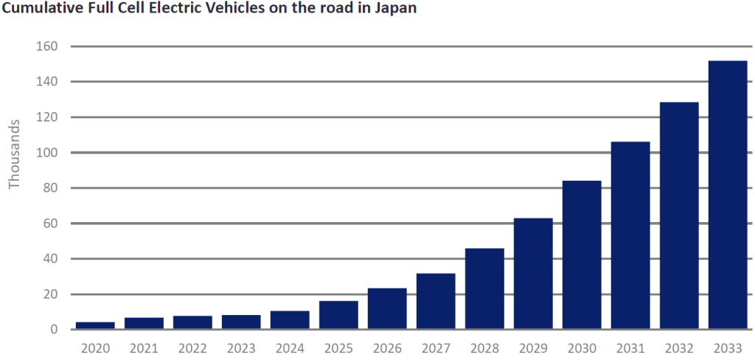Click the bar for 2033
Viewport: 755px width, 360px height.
click(728, 195)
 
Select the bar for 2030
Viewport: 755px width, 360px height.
click(582, 255)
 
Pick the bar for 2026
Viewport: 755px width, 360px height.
click(387, 308)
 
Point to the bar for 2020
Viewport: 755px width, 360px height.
click(95, 325)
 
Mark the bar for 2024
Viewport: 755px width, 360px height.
click(290, 320)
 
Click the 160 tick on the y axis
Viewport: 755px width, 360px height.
click(48, 46)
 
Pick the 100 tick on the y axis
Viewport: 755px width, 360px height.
click(48, 153)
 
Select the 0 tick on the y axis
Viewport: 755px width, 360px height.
click(55, 330)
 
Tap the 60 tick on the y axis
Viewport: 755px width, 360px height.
click(51, 224)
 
